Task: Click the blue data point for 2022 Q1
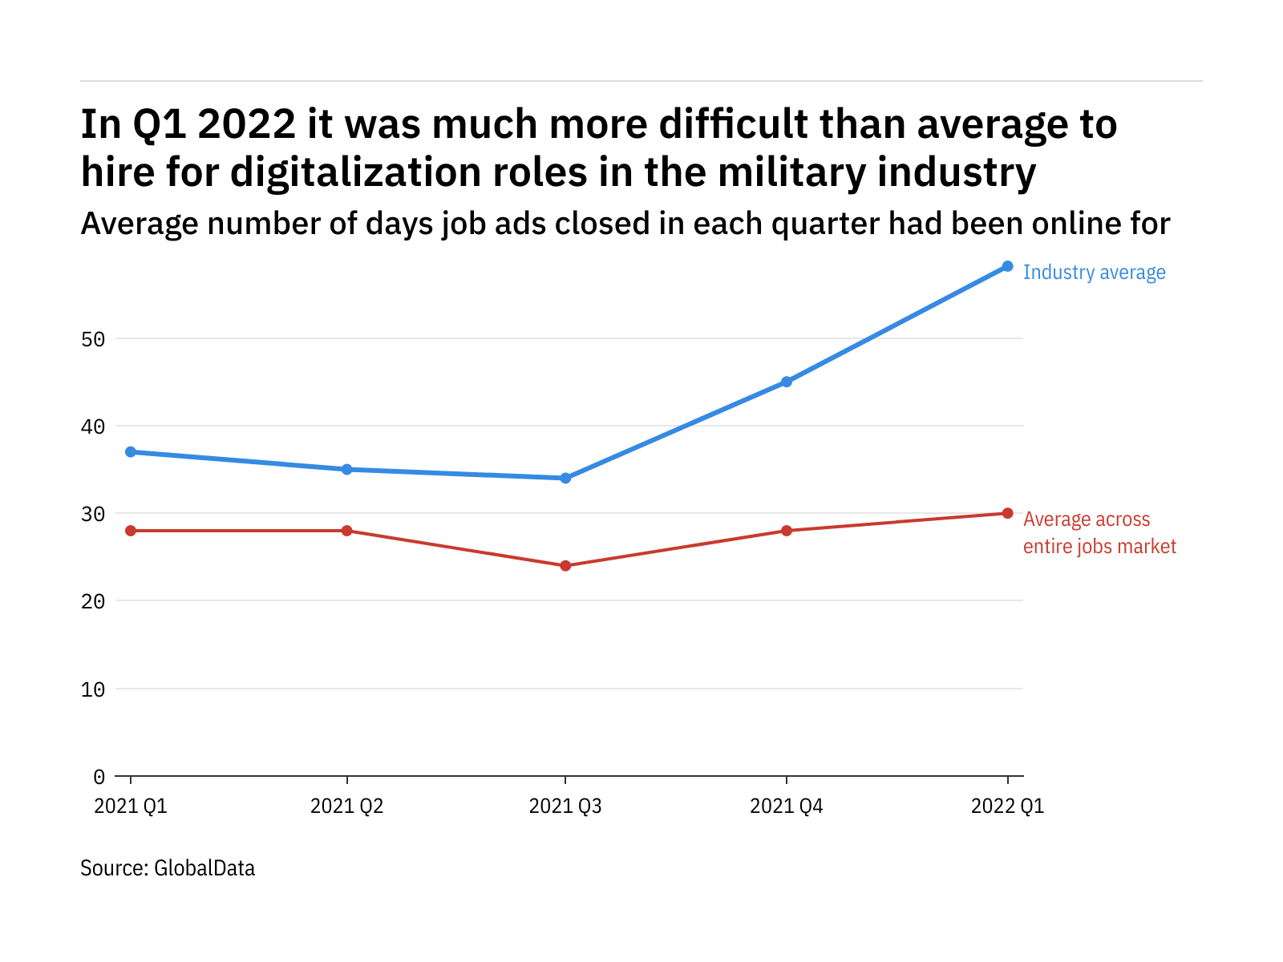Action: pos(1007,266)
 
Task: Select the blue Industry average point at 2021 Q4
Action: pos(787,382)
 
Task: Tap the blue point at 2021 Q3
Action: pos(565,478)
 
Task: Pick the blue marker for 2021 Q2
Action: pos(346,469)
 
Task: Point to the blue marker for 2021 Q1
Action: pos(131,452)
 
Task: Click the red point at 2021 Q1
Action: pos(131,531)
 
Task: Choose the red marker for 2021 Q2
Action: pos(346,531)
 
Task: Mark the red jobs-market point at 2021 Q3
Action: pos(565,566)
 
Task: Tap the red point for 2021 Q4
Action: pos(787,531)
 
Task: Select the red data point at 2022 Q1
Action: pos(1007,513)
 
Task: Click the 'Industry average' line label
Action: pos(1094,273)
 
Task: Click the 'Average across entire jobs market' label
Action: pos(1099,533)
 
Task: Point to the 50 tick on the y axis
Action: pos(93,339)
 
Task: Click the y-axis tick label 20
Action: pos(93,601)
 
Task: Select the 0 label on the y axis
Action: pos(99,776)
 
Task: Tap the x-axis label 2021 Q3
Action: pos(565,806)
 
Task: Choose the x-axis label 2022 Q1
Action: pos(1007,806)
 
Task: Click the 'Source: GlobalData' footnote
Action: pos(168,868)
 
